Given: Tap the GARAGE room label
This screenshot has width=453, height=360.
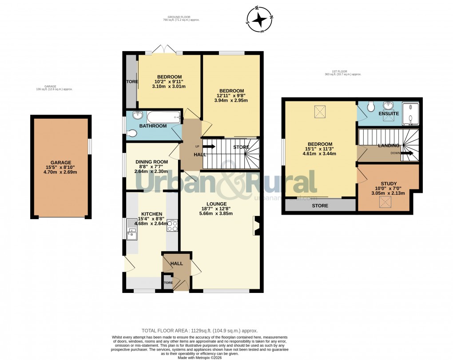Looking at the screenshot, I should click(60, 163).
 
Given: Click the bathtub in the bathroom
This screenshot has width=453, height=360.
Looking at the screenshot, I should click(163, 117).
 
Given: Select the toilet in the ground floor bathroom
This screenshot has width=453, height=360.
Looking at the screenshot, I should click(132, 132).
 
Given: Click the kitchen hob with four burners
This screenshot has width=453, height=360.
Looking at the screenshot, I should click(172, 226).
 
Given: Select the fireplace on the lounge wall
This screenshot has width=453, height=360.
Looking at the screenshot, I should click(256, 225).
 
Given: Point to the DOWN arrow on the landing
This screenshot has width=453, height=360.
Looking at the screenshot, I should click(407, 153).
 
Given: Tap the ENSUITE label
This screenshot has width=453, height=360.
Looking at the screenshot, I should click(389, 114).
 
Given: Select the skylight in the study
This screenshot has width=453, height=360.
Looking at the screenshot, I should click(385, 202).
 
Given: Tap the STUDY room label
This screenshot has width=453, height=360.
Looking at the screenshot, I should click(389, 184).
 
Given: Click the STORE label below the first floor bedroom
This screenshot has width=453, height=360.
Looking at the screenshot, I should click(320, 206).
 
